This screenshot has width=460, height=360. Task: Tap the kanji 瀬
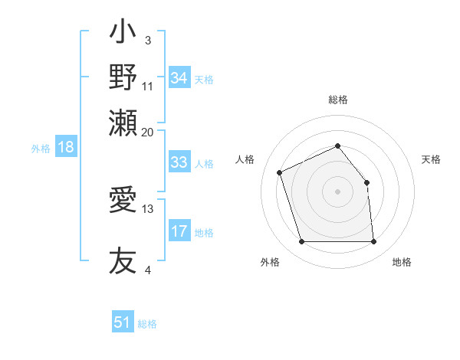(x=123, y=123)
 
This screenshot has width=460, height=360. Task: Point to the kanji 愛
(x=123, y=201)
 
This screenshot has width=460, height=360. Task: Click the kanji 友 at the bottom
(x=123, y=260)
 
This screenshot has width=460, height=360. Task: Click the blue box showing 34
(x=179, y=78)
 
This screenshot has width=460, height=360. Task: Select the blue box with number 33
(x=179, y=162)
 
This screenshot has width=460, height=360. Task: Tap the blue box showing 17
(x=179, y=231)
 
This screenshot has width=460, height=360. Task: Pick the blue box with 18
(x=66, y=148)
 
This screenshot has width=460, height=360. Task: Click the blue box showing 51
(x=123, y=322)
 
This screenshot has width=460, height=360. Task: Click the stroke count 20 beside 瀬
(x=148, y=132)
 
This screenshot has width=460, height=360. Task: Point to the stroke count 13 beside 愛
(x=148, y=208)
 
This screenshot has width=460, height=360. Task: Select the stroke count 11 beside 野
(x=148, y=86)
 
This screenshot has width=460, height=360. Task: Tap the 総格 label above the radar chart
(x=338, y=100)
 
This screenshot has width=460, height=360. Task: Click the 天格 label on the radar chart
(x=431, y=159)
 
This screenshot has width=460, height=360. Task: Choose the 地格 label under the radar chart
(x=402, y=263)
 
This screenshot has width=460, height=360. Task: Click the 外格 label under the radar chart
(x=270, y=263)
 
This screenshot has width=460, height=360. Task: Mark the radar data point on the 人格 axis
(x=281, y=172)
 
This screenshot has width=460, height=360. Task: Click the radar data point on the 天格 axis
(x=366, y=182)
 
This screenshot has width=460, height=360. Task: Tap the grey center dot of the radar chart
(x=337, y=191)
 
